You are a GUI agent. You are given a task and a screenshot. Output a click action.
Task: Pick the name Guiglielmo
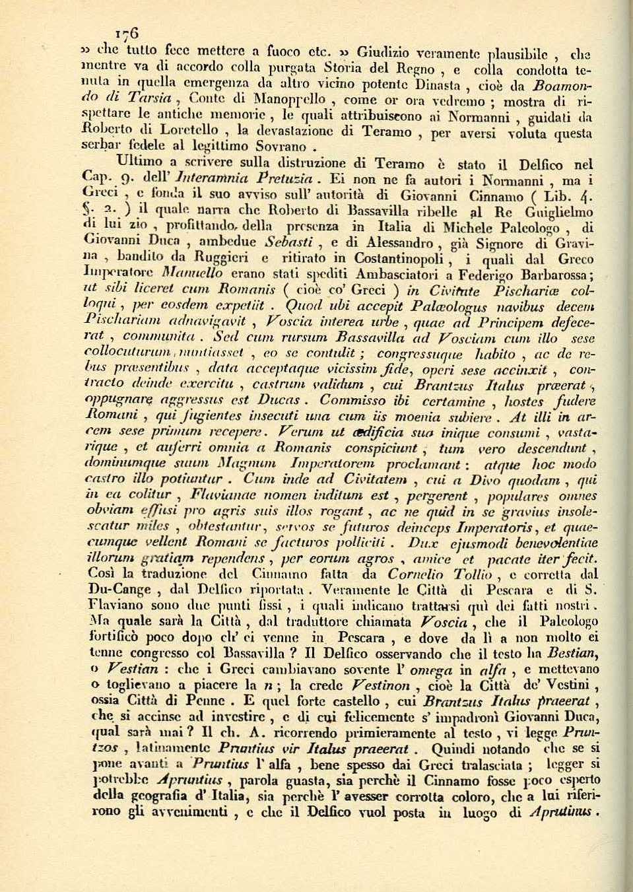pos(557,213)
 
